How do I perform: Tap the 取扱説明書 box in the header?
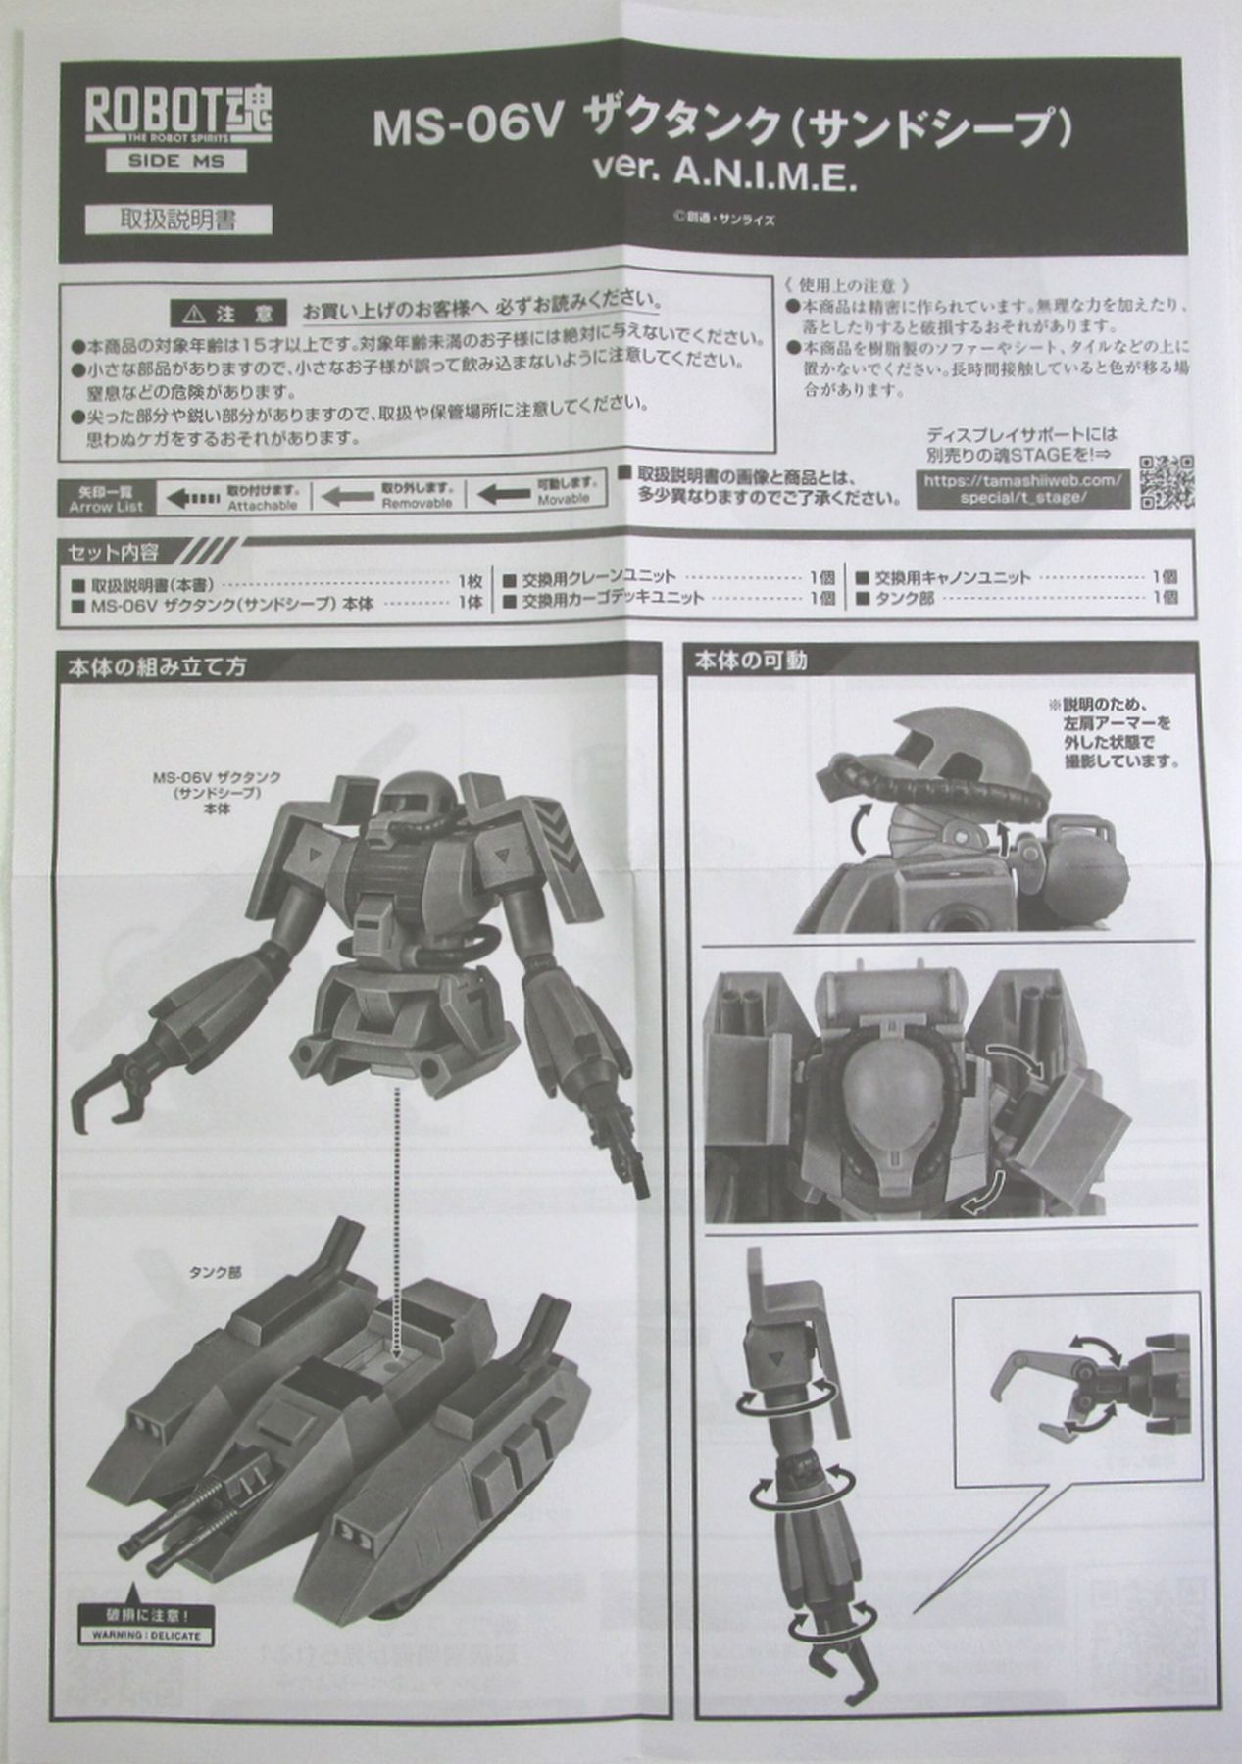[x=177, y=219]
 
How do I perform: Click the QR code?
[x=1167, y=481]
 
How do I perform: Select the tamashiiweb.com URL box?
[x=1021, y=488]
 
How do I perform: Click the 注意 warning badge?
[x=228, y=313]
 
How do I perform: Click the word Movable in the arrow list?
[x=564, y=500]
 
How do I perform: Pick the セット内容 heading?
[x=113, y=553]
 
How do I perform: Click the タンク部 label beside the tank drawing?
[x=216, y=1273]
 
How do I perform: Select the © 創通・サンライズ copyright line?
[x=723, y=220]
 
